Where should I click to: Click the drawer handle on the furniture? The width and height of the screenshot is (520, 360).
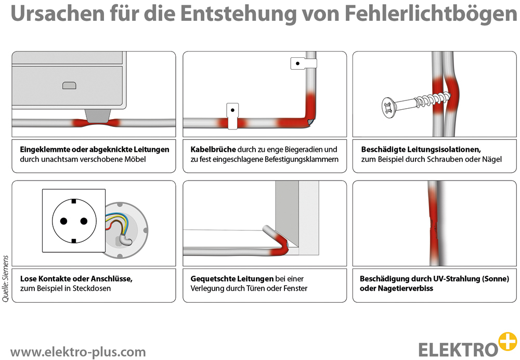tap(69, 85)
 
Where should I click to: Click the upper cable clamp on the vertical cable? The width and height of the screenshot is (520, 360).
tap(303, 64)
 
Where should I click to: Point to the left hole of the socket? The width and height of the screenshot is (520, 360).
tap(63, 221)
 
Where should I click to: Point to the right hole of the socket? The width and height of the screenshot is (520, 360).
tap(84, 221)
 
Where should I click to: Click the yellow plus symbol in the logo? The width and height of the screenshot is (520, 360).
tap(507, 341)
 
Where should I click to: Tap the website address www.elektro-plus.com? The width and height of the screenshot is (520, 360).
tap(78, 352)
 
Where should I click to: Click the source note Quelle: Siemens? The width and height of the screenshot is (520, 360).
tap(6, 278)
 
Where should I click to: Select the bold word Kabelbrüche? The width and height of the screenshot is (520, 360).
tap(213, 149)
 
